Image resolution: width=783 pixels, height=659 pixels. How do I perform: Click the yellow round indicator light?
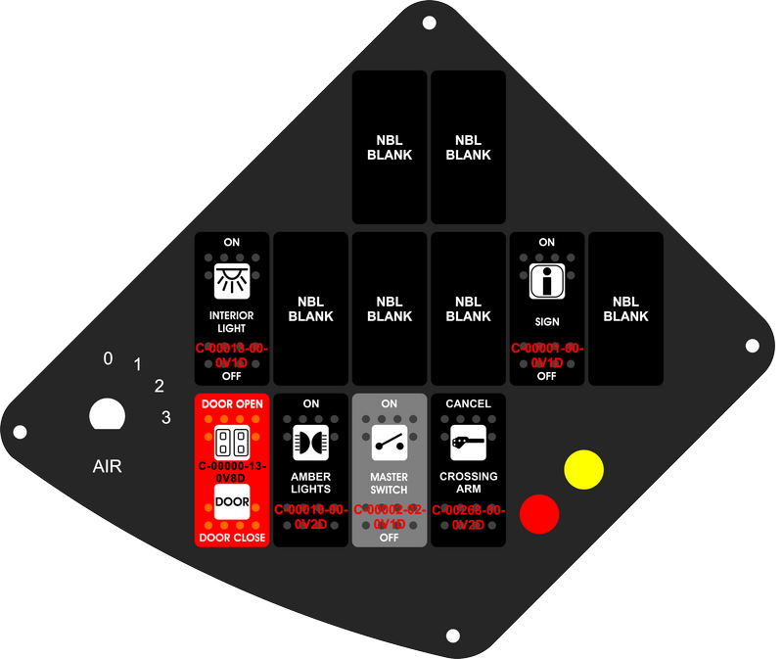[584, 469]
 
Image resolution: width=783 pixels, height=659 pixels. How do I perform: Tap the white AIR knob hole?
[107, 415]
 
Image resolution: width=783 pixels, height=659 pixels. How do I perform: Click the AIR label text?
[107, 466]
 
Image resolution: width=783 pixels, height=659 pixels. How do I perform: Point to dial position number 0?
[108, 358]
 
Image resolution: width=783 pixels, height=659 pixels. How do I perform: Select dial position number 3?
[165, 418]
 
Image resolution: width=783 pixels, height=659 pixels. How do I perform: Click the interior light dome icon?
[232, 281]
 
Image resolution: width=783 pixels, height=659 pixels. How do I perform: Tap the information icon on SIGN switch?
[546, 281]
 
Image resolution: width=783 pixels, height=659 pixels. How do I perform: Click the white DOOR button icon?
[232, 501]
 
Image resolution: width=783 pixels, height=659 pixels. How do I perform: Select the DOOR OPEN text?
[232, 403]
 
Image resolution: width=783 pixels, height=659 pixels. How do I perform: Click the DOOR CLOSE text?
[232, 538]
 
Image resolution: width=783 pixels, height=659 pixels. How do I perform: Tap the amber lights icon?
[310, 442]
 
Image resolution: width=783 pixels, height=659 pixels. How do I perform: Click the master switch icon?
[389, 442]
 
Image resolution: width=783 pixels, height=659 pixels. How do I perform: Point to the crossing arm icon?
[468, 444]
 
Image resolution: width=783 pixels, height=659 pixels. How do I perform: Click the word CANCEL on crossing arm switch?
[468, 403]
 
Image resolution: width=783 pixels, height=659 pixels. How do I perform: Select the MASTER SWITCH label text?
[389, 483]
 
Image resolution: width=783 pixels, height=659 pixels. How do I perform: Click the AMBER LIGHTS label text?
[310, 483]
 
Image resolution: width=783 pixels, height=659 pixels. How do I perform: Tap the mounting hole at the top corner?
[428, 23]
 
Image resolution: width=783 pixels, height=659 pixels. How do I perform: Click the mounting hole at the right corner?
[753, 346]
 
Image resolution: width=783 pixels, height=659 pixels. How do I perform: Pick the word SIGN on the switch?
[546, 321]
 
